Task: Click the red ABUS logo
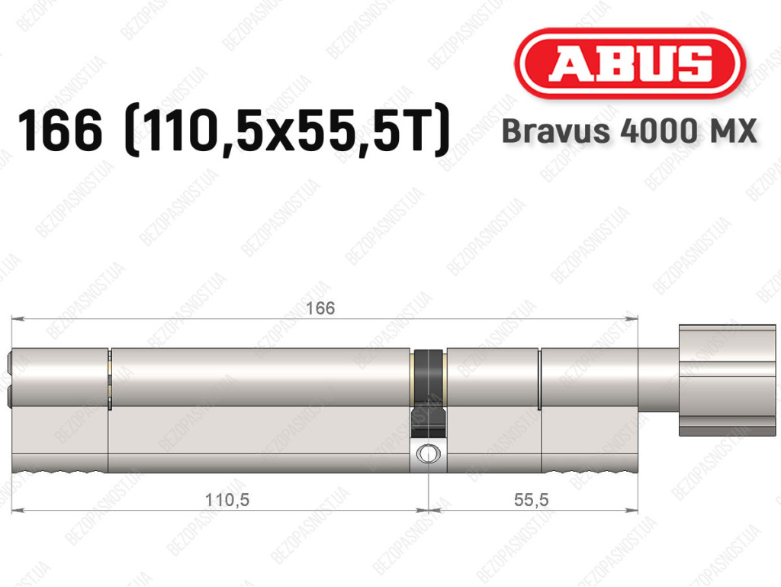click(x=629, y=63)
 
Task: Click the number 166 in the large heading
click(x=59, y=131)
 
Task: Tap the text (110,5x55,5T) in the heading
click(x=288, y=131)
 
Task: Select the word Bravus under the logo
click(x=555, y=131)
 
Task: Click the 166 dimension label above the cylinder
click(x=320, y=308)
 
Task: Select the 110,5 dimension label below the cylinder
click(x=227, y=499)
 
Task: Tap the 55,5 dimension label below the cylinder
click(x=532, y=499)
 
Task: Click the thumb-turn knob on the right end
click(x=727, y=380)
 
